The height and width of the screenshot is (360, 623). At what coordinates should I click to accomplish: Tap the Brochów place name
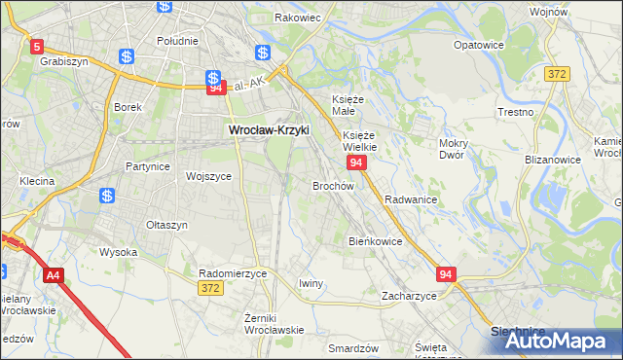tap(333, 185)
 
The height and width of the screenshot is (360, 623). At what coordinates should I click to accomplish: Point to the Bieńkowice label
tap(375, 240)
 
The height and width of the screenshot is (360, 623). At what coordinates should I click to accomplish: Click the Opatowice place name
tap(479, 45)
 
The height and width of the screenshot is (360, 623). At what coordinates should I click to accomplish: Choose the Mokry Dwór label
tap(455, 148)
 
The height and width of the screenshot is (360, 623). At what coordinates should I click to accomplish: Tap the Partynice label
tap(148, 166)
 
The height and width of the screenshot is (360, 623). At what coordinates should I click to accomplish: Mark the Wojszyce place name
tap(208, 176)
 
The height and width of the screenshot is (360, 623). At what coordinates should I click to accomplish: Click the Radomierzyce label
tap(232, 273)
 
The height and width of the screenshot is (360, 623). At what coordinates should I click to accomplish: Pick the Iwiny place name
tap(311, 283)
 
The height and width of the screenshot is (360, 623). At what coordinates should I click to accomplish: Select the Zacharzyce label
tap(409, 295)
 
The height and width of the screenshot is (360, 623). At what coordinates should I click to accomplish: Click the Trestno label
tap(515, 112)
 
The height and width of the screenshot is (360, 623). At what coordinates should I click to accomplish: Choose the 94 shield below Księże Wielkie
tap(357, 163)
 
